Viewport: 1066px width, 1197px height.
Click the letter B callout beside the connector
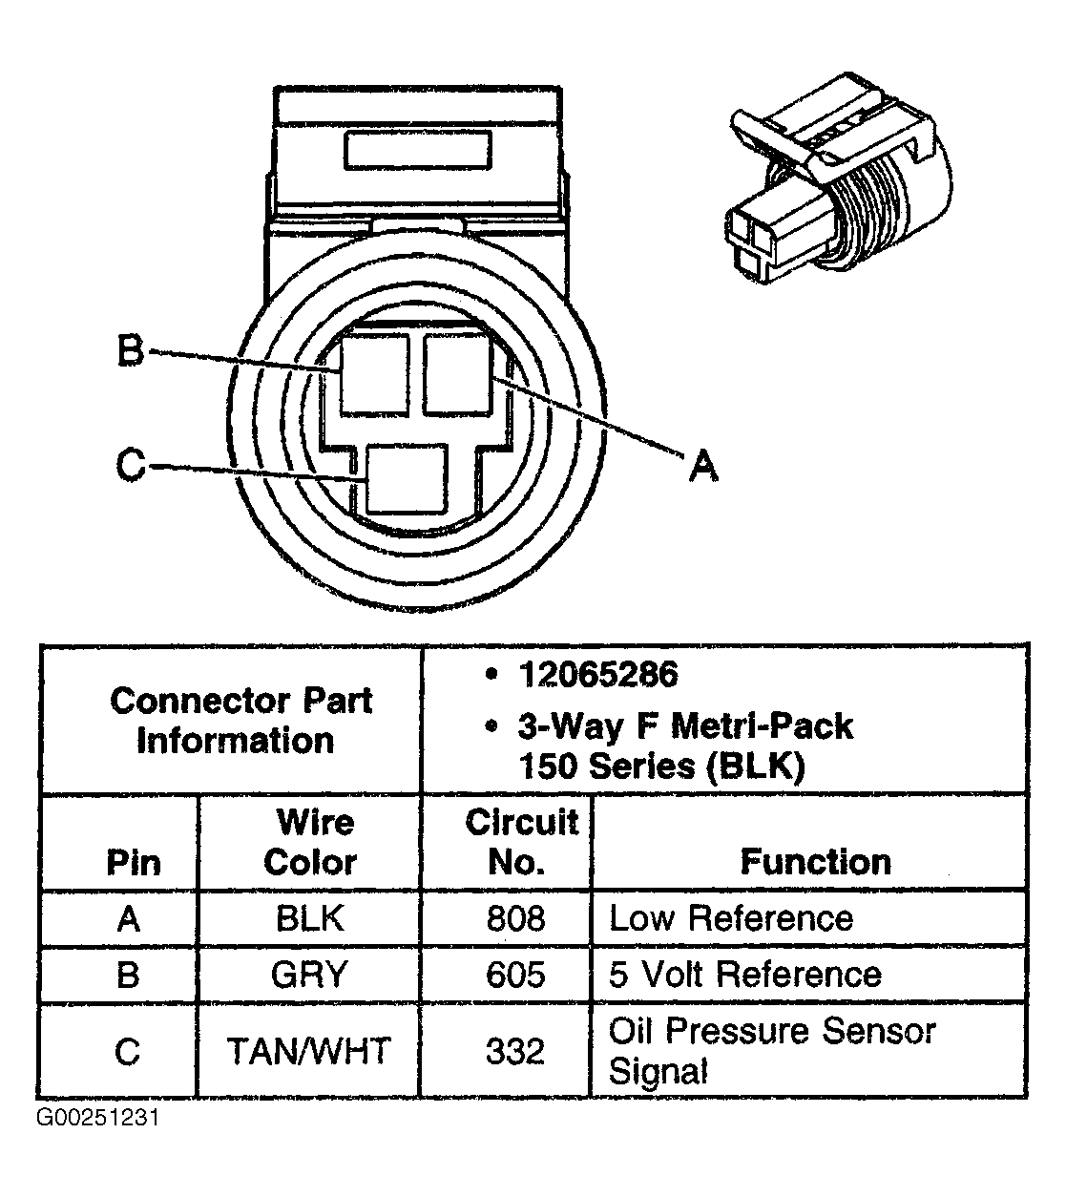(x=130, y=350)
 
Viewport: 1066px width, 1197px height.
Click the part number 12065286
(x=597, y=675)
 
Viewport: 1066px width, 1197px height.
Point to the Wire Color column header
(x=311, y=842)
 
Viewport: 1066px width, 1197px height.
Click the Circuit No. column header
(x=520, y=842)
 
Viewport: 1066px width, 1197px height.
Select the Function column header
(x=815, y=862)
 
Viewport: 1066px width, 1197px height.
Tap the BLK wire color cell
(x=309, y=918)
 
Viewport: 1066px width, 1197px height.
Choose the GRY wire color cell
(x=309, y=975)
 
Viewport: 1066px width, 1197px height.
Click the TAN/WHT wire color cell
(x=309, y=1051)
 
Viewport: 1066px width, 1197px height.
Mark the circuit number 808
(x=515, y=918)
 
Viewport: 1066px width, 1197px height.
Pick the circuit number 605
(x=515, y=975)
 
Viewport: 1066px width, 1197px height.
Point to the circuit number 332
(x=515, y=1051)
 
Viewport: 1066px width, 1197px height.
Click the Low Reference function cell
(x=731, y=918)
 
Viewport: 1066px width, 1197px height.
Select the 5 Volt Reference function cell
(x=744, y=975)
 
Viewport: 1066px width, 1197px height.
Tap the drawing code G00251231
(x=97, y=1118)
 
